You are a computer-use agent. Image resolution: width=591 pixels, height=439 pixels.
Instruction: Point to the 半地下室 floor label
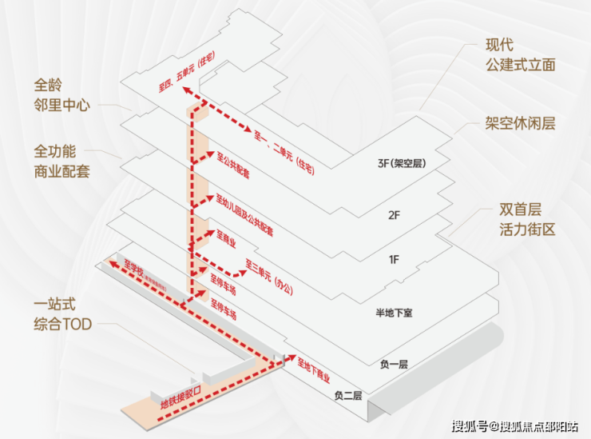point(392,313)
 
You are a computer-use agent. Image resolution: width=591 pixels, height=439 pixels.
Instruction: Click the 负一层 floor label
point(394,364)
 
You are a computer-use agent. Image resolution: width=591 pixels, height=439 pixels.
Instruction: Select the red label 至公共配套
point(232,163)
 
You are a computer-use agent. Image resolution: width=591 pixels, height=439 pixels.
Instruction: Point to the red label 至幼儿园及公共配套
point(244,214)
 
